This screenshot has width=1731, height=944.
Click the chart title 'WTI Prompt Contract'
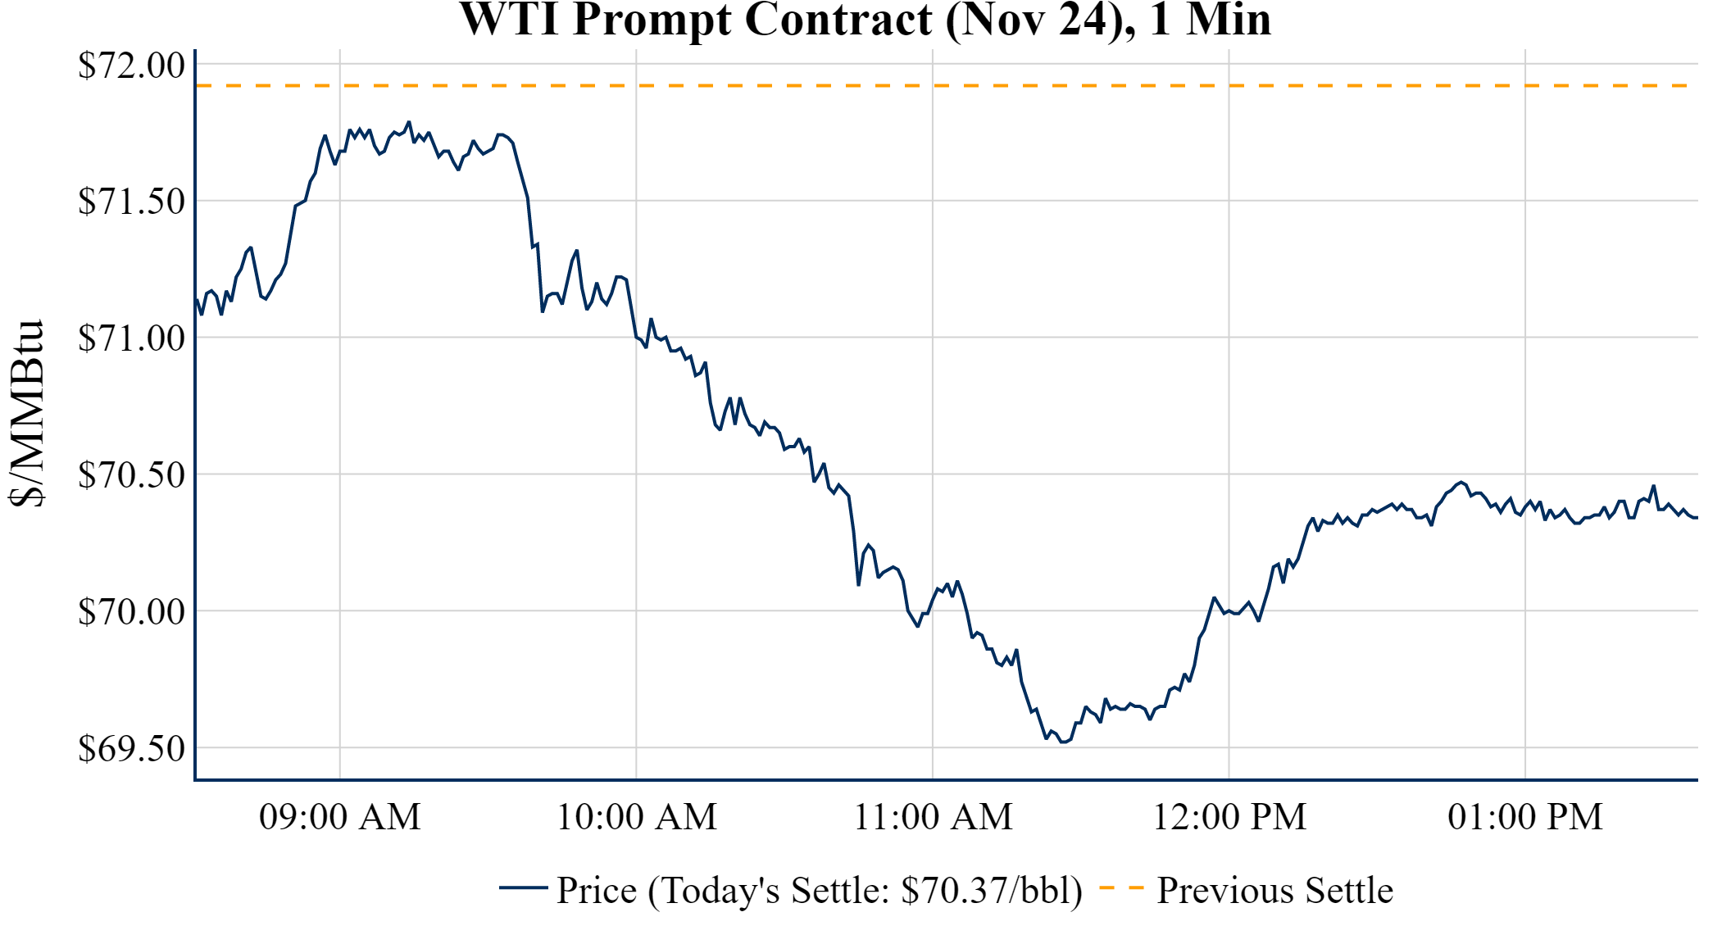pyautogui.click(x=695, y=20)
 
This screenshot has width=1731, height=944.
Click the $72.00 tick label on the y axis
pyautogui.click(x=132, y=66)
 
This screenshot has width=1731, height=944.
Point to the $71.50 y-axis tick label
pyautogui.click(x=132, y=202)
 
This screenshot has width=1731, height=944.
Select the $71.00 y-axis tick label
pyautogui.click(x=132, y=338)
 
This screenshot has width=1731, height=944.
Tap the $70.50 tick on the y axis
pyautogui.click(x=132, y=474)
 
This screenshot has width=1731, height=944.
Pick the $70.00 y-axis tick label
pyautogui.click(x=132, y=611)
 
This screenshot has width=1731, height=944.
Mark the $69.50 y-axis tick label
pyautogui.click(x=132, y=748)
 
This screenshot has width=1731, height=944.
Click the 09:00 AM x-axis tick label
pyautogui.click(x=340, y=817)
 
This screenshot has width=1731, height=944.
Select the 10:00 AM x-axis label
pyautogui.click(x=637, y=817)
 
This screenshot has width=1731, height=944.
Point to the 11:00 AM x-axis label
pyautogui.click(x=934, y=817)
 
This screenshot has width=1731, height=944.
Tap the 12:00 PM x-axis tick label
pyautogui.click(x=1229, y=817)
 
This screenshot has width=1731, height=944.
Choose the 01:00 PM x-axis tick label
pyautogui.click(x=1525, y=817)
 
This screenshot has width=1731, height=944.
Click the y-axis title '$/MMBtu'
pyautogui.click(x=26, y=414)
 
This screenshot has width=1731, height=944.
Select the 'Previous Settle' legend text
pyautogui.click(x=1274, y=891)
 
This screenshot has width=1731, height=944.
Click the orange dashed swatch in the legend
pyautogui.click(x=1121, y=888)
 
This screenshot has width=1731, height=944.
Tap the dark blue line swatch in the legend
pyautogui.click(x=523, y=888)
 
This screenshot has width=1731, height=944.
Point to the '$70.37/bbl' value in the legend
pyautogui.click(x=991, y=891)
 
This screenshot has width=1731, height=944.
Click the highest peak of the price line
pyautogui.click(x=409, y=122)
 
